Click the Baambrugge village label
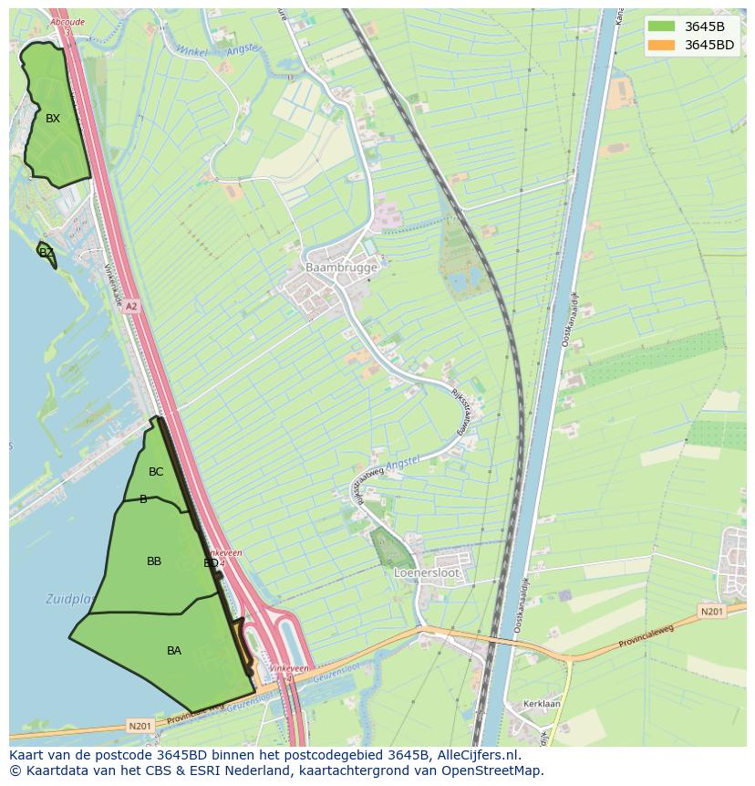341,267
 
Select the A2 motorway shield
131,307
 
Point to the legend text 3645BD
708,45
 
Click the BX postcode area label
53,118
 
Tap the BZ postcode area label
47,252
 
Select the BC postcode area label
156,472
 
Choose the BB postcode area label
154,561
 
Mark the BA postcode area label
174,651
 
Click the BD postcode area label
211,563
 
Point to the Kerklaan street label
542,705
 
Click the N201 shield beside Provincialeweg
712,611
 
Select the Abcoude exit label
67,22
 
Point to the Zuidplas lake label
68,600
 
